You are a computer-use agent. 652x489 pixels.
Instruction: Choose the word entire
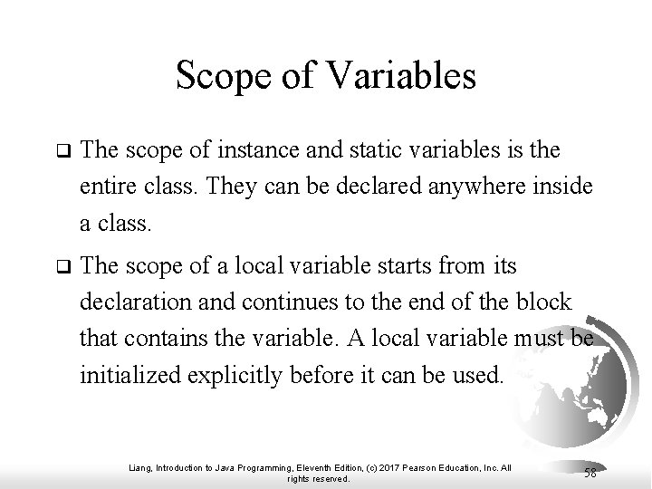104,187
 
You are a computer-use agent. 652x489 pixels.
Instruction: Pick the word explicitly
239,374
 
